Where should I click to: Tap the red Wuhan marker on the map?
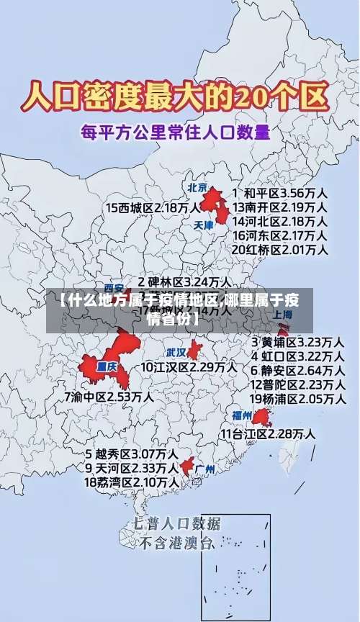(x=195, y=351)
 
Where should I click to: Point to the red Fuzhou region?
(x=261, y=417)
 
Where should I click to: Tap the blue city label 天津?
(x=204, y=225)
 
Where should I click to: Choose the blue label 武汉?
(x=176, y=353)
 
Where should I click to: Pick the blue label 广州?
(x=206, y=469)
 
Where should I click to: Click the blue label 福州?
(x=241, y=415)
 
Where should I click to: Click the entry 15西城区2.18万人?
(x=153, y=208)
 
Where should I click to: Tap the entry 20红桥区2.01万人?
(x=279, y=250)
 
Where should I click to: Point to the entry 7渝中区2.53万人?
(x=108, y=396)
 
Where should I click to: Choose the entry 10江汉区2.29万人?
(x=188, y=367)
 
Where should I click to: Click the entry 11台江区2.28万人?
(x=267, y=434)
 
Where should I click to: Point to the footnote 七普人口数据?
(x=176, y=523)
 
